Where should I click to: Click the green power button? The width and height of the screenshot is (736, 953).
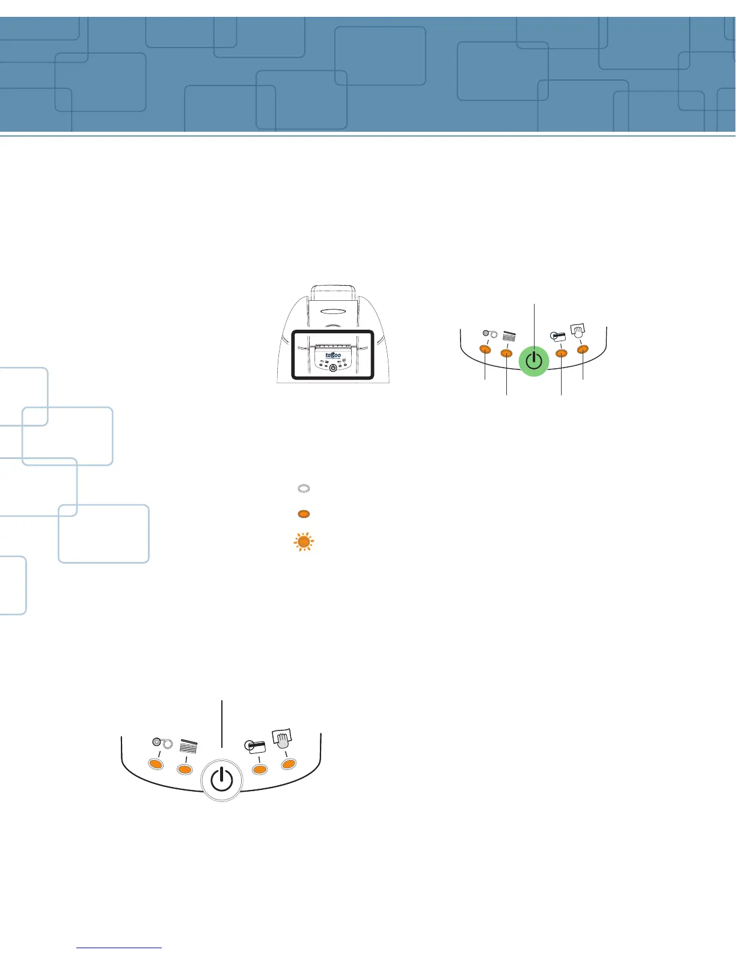point(533,361)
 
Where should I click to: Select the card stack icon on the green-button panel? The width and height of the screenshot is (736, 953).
point(509,336)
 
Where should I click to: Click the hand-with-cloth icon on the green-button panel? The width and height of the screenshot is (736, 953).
point(578,331)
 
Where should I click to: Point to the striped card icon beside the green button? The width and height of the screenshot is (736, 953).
point(557,336)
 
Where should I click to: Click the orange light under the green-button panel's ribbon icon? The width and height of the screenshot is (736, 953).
point(485,350)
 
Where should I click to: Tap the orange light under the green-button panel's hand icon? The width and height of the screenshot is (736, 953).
point(582,350)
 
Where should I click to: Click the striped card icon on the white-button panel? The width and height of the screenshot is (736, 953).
point(255,747)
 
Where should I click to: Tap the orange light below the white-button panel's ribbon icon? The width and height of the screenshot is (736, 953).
point(156,764)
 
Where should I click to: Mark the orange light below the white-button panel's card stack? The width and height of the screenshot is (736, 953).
point(185,769)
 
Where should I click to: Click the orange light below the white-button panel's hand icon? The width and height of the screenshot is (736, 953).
point(289,763)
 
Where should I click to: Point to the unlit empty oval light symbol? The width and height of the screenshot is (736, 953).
point(304,489)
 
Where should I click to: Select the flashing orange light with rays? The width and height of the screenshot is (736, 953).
point(304,542)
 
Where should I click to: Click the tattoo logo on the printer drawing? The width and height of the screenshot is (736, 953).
point(333,355)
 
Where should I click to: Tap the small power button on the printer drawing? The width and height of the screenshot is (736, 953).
point(333,368)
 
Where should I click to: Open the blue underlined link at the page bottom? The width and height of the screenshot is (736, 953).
point(119,948)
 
